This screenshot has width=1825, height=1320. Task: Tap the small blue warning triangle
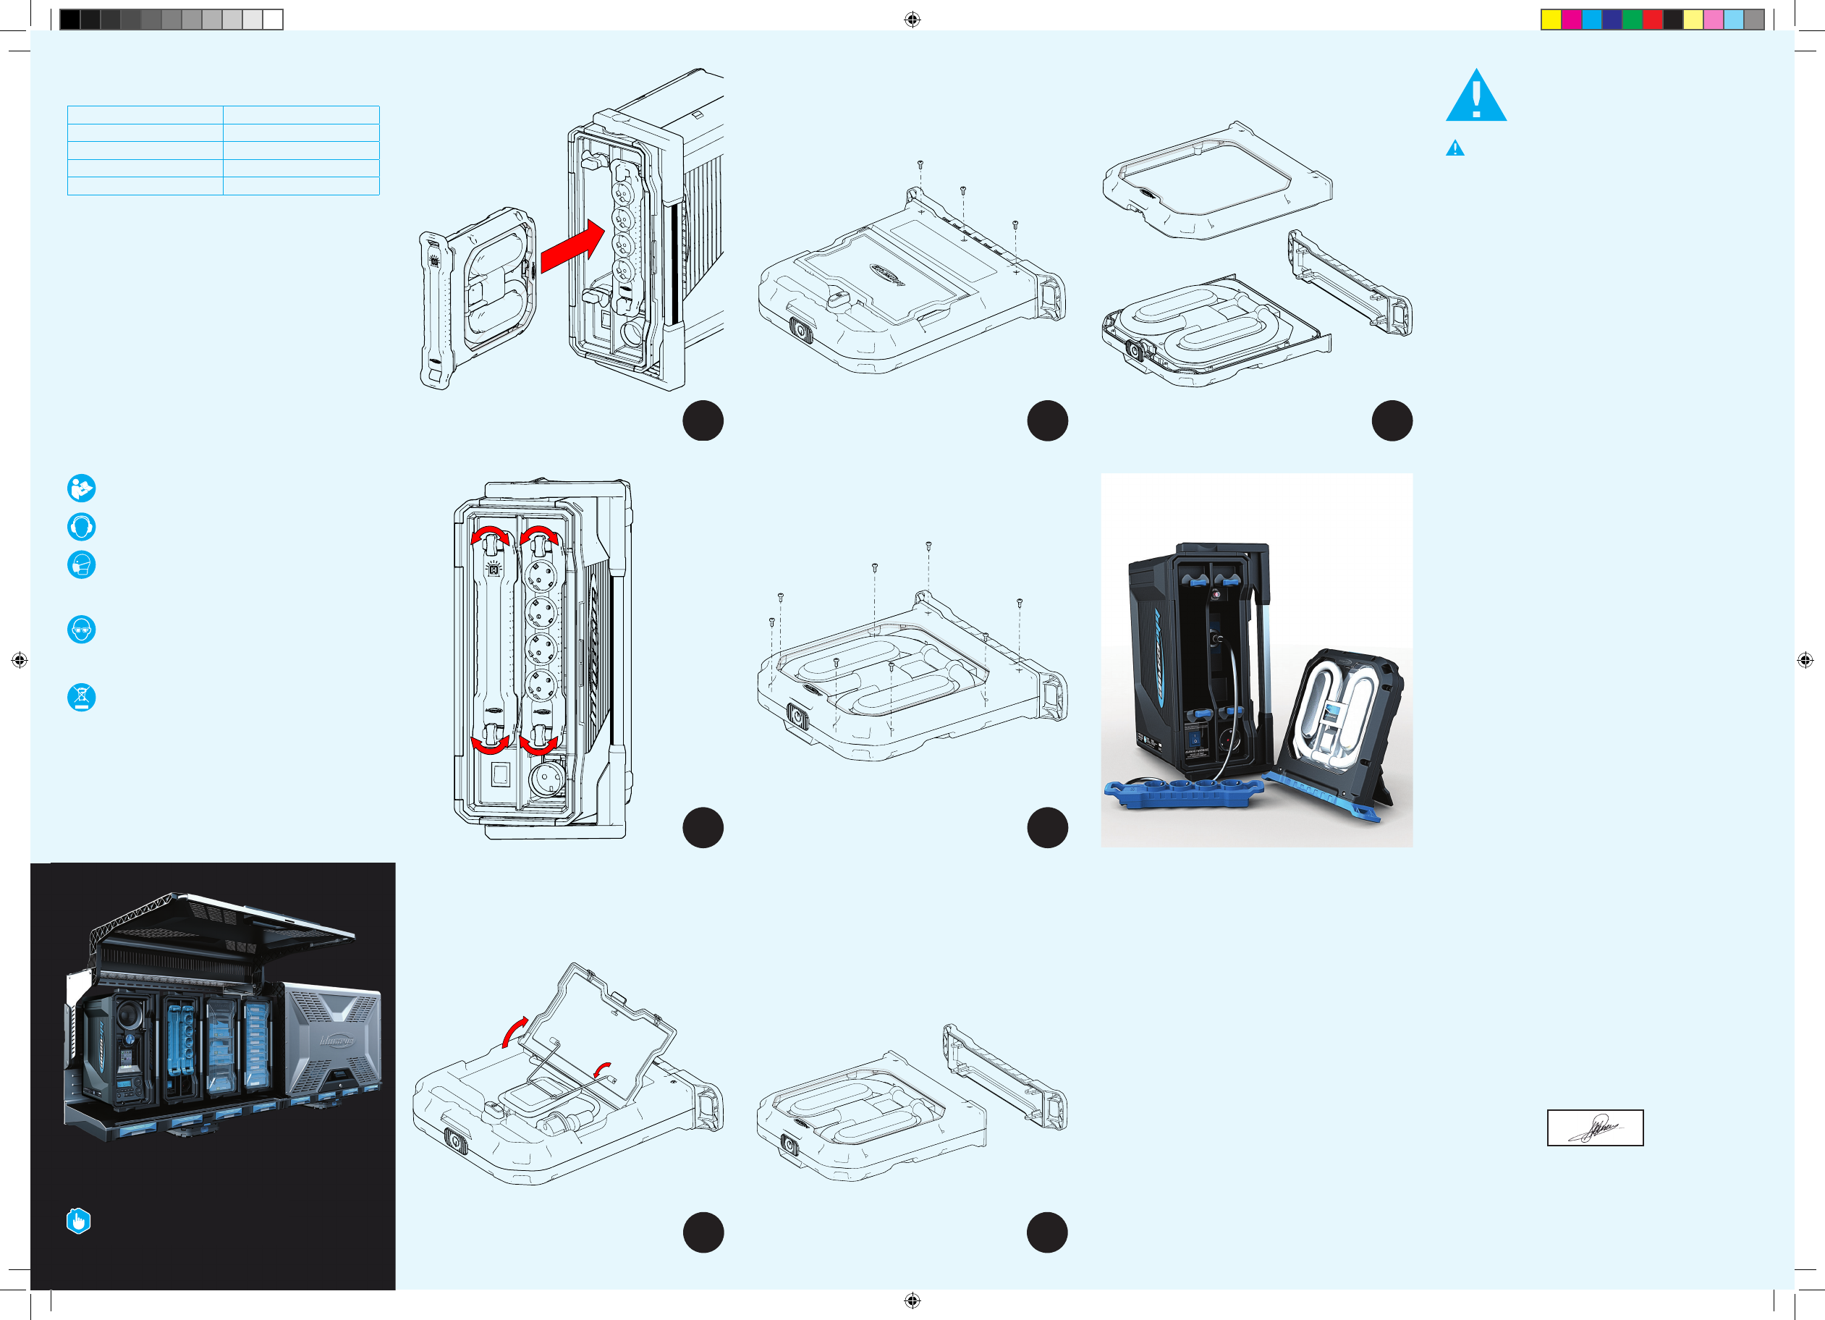1455,149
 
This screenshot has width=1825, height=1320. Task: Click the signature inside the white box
1595,1127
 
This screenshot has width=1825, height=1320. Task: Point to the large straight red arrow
572,246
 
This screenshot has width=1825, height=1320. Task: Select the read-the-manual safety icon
81,488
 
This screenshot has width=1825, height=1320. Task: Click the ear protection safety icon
81,526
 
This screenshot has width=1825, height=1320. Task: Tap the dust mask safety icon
81,564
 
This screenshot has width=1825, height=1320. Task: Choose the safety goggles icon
81,630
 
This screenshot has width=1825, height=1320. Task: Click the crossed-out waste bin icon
81,697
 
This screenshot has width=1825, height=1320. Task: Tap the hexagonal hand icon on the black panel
78,1221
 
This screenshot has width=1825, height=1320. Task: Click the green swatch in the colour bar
1632,20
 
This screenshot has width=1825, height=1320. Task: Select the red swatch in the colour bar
1652,20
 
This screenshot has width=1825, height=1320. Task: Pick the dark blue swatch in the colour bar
1612,20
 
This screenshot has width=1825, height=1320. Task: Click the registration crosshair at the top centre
912,20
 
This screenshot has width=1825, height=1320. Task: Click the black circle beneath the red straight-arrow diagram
703,420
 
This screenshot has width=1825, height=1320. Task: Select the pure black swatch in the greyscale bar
70,20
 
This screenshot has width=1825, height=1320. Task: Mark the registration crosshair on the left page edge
20,660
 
